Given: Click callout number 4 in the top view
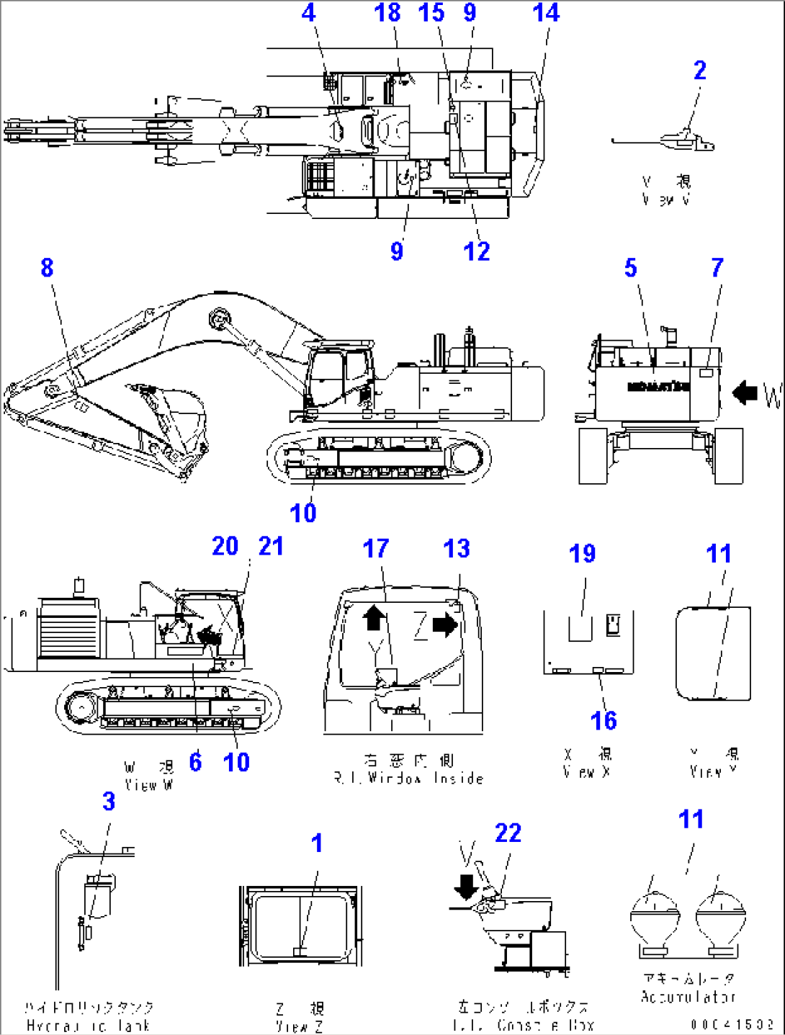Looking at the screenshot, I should point(308,13).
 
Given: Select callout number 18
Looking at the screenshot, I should point(387,13).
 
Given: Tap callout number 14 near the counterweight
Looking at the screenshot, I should point(546,13).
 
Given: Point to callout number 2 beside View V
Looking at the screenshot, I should point(699,71).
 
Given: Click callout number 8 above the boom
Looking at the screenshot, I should point(47,268).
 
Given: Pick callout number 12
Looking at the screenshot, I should point(476,251).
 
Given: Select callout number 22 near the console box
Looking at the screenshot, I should point(508,833).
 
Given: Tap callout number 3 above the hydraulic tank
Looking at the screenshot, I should point(109,802).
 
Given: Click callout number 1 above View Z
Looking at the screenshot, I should point(317,843).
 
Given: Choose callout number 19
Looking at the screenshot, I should point(582,554).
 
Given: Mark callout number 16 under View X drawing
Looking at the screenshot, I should point(603,720).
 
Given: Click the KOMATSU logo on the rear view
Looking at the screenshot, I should point(658,387).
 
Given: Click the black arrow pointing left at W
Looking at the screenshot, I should point(745,393).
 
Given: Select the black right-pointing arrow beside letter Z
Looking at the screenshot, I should point(446,624).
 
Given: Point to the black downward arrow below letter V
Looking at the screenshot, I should point(467,887).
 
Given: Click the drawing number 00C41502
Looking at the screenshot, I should point(732,1024).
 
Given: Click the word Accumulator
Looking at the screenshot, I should point(688,997).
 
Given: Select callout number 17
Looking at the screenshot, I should point(375,549).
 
